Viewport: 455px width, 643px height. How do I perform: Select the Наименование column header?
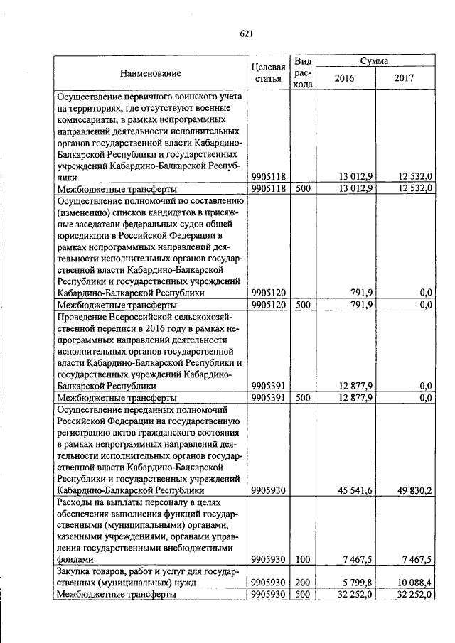coord(150,73)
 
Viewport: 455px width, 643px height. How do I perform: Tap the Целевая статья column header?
coord(268,72)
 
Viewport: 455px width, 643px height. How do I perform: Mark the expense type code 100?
coord(304,559)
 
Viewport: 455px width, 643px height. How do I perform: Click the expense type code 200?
coord(304,583)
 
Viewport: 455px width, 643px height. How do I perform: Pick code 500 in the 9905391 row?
coord(304,398)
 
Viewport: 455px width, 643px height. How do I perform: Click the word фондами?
coord(75,559)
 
